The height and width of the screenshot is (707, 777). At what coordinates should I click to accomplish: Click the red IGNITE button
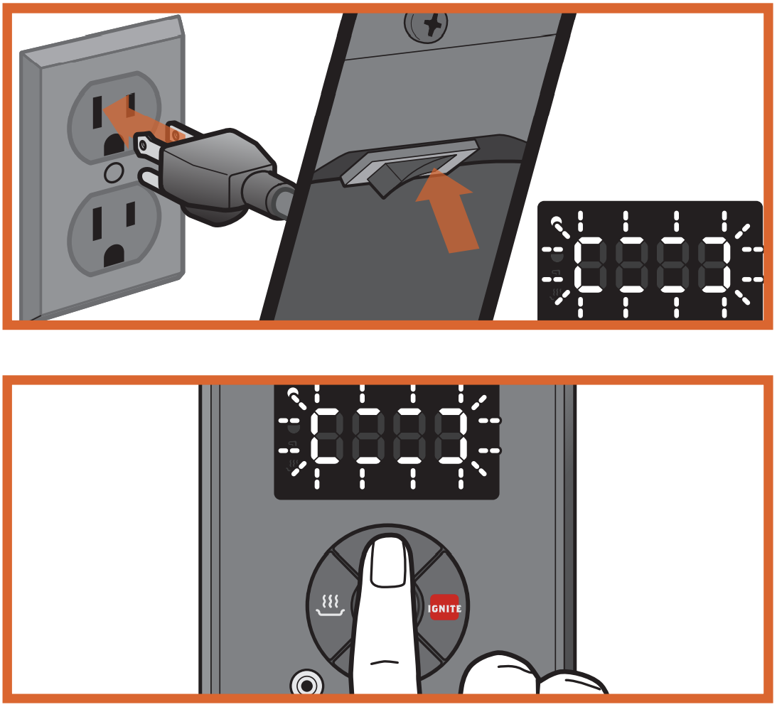point(444,608)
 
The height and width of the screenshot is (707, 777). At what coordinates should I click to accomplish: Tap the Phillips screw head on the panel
point(427,25)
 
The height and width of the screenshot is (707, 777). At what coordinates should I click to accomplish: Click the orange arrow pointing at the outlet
point(141,122)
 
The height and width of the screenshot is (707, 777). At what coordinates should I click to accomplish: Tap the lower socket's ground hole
point(114,256)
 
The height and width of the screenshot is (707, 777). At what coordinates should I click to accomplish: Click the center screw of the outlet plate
point(114,173)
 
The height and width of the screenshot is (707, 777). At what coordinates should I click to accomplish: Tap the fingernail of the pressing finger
point(390,563)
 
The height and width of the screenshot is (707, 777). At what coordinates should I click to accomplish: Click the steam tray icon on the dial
point(330,605)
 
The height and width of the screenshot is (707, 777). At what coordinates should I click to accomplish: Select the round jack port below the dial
point(306,685)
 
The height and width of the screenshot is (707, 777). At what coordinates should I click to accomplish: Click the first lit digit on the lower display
point(326,436)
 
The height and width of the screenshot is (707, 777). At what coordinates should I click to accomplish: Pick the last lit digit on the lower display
point(451,436)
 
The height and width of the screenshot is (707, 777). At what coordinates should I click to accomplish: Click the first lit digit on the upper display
point(590,264)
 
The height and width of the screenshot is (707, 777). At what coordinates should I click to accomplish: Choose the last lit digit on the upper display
point(714,264)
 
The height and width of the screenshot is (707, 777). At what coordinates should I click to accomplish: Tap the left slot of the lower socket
point(97,223)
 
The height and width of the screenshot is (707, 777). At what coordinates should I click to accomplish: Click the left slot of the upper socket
point(97,112)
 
